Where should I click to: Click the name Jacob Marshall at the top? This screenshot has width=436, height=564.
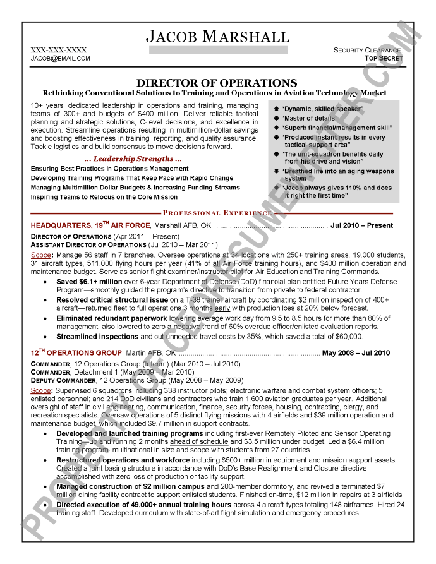click(217, 36)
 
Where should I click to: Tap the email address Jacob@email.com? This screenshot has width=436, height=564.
click(61, 58)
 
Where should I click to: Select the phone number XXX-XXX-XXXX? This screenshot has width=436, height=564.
click(59, 50)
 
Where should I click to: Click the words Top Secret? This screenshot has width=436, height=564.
click(384, 58)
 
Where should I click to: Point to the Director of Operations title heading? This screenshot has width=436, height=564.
click(217, 83)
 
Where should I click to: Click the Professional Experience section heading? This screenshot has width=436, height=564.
click(217, 213)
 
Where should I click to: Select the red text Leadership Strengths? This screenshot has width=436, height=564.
click(133, 158)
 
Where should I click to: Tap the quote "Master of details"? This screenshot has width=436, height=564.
click(310, 118)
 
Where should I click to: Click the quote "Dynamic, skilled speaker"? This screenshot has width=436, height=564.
click(322, 109)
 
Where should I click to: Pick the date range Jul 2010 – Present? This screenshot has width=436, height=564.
click(361, 225)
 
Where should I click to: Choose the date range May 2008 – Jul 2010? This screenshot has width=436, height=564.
click(356, 352)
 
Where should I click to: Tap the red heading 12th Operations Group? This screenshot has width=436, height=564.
click(76, 352)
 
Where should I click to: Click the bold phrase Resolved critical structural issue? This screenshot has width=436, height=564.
click(112, 300)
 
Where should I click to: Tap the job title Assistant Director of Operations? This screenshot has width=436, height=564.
click(88, 244)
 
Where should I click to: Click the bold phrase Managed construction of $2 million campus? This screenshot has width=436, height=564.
click(130, 486)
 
